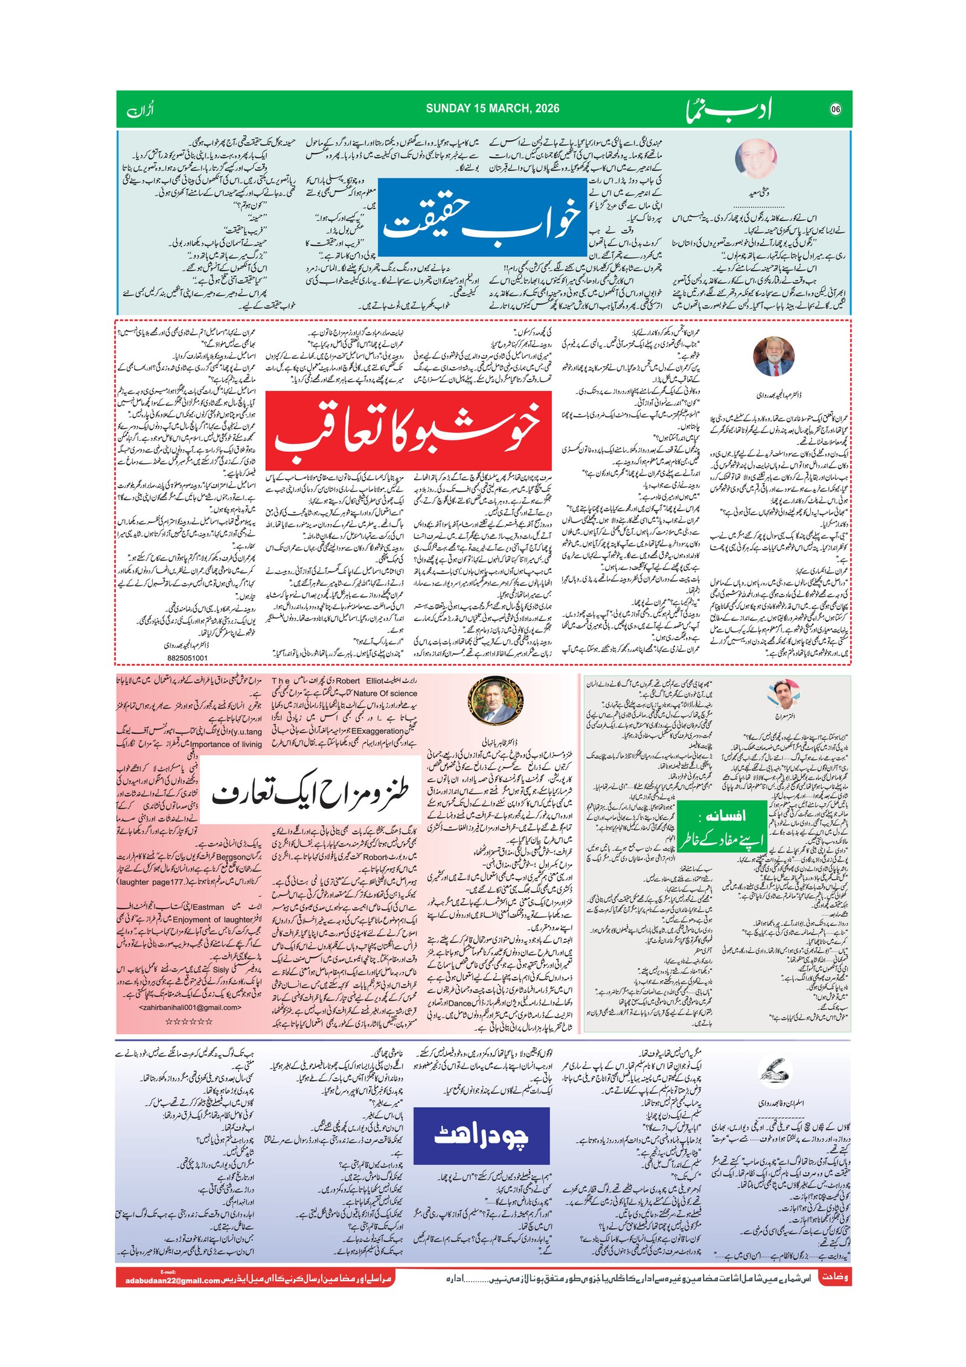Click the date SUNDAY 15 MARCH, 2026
click(492, 109)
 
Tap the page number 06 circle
click(835, 109)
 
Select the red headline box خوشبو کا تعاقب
click(408, 429)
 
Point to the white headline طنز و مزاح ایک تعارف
click(310, 790)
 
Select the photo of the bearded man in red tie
click(773, 356)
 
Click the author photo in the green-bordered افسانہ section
click(784, 693)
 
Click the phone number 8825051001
click(187, 658)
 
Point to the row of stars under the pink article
click(189, 1021)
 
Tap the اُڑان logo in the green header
click(141, 111)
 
